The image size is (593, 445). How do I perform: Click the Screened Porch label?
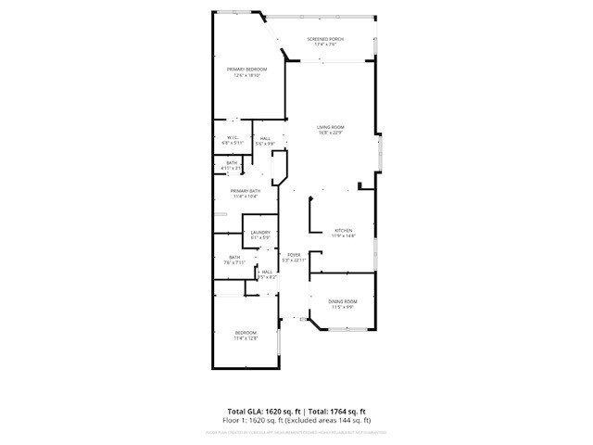325,39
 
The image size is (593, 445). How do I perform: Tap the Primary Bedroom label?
247,70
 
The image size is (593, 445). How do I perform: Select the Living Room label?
331,127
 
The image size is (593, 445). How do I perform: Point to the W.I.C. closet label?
233,138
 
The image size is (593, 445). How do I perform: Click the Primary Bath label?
246,191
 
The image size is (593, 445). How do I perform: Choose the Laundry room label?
259,233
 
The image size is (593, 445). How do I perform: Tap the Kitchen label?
344,230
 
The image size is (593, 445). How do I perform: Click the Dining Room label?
344,301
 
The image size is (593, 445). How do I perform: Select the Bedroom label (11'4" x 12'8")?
246,333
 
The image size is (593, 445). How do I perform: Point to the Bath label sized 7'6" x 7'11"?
234,258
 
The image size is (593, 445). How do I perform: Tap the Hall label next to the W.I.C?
265,138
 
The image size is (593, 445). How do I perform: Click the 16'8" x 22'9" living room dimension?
331,133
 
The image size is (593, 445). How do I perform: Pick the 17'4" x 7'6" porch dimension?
325,44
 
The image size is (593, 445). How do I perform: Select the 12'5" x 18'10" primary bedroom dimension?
247,75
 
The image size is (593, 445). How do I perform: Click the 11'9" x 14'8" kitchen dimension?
344,235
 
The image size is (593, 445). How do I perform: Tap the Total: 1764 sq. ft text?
337,411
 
